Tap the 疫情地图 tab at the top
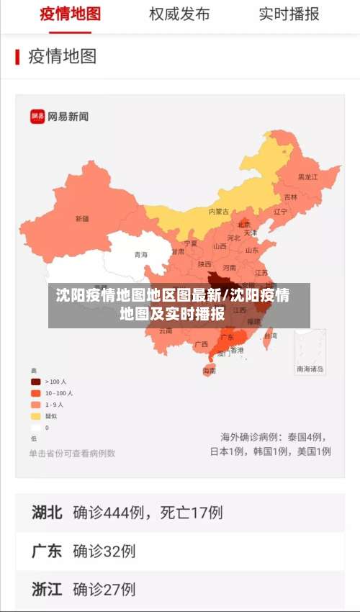[71, 14]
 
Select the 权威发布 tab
[179, 14]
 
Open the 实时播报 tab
[289, 14]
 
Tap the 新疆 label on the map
[82, 218]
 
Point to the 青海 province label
[140, 255]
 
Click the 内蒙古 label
[219, 212]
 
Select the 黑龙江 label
[307, 176]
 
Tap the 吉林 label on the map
[291, 197]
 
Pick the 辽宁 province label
[280, 212]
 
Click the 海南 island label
[209, 371]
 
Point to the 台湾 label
[270, 336]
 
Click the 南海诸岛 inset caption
[310, 369]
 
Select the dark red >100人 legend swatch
[35, 382]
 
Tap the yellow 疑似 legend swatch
[35, 416]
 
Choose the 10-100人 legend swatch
[35, 393]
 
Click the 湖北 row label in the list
[47, 513]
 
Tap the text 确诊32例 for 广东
[104, 551]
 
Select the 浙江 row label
[47, 589]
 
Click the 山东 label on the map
[252, 251]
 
